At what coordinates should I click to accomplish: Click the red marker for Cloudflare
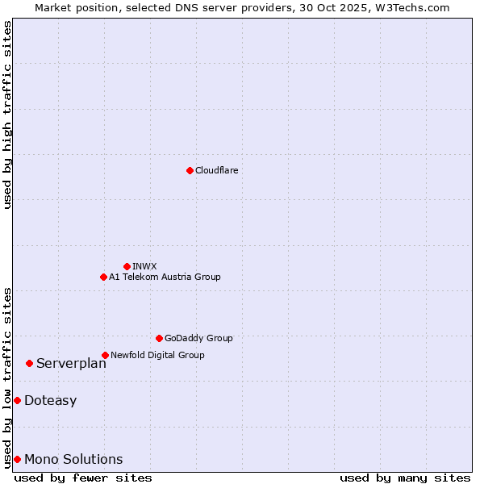tap(190, 170)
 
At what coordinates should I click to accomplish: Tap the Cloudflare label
tap(216, 170)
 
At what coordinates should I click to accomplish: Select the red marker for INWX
tap(127, 266)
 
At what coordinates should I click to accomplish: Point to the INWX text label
tap(144, 266)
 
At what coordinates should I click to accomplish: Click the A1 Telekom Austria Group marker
tap(103, 277)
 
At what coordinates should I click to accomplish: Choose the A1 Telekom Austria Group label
tap(165, 277)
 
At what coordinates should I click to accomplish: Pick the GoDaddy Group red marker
tap(159, 338)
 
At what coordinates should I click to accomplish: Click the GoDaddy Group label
tap(198, 338)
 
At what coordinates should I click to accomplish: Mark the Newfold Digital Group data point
tap(105, 355)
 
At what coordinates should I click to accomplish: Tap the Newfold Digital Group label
tap(157, 355)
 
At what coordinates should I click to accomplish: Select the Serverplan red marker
tap(29, 363)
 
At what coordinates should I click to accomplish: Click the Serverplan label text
tap(71, 363)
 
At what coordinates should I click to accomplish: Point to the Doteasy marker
tap(17, 400)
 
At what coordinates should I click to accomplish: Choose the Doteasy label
tap(50, 400)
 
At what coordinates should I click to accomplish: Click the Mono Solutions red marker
tap(17, 459)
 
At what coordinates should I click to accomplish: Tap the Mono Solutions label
tap(73, 459)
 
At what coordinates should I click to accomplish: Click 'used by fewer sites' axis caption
tap(83, 478)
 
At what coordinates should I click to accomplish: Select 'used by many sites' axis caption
tap(405, 478)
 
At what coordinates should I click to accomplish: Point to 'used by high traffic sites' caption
tap(8, 115)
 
